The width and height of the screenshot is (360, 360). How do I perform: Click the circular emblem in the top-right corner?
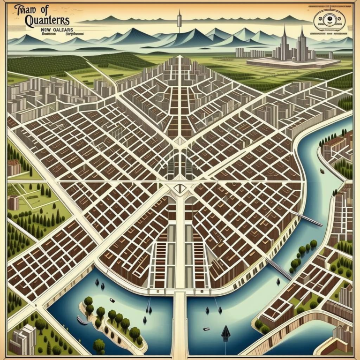(x=328, y=18)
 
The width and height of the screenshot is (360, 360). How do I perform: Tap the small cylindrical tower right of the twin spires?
(x=331, y=55)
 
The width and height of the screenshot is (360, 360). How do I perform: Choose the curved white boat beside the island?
(x=82, y=321)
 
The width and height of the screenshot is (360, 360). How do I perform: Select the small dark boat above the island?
(x=112, y=300)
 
